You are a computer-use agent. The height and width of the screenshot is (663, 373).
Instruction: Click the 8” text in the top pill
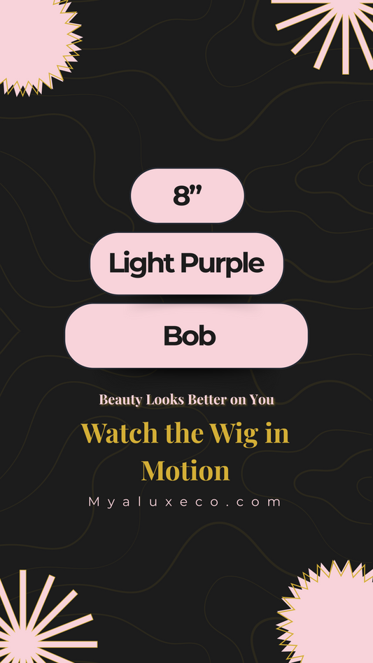pos(188,196)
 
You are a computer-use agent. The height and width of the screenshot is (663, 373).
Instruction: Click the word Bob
pos(190,336)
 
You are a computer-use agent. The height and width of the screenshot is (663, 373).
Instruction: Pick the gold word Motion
pos(185,470)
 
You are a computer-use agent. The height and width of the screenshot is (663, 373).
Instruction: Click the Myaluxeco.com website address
pos(185,502)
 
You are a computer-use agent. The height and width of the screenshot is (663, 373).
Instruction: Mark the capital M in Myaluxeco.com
pos(94,502)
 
